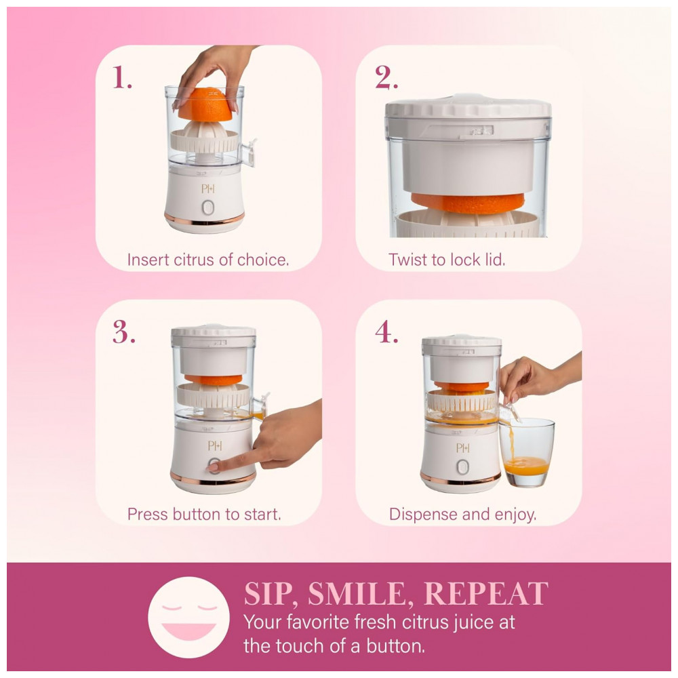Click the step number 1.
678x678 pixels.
pos(122,77)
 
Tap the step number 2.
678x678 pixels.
pos(386,77)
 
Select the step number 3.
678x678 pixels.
pos(123,332)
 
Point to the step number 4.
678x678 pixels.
pos(386,332)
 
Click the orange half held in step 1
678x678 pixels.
pos(206,104)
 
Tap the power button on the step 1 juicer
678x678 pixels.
pos(208,208)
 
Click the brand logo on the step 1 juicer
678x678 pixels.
pos(208,188)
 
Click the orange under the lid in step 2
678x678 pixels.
pos(468,203)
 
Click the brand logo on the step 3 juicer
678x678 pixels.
pos(215,445)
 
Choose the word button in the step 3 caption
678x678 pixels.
pos(197,514)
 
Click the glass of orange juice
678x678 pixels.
pos(526,452)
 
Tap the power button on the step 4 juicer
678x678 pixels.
pos(462,467)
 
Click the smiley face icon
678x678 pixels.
pos(188,617)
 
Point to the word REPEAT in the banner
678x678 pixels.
pos(486,593)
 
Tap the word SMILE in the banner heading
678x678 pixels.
pos(357,594)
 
